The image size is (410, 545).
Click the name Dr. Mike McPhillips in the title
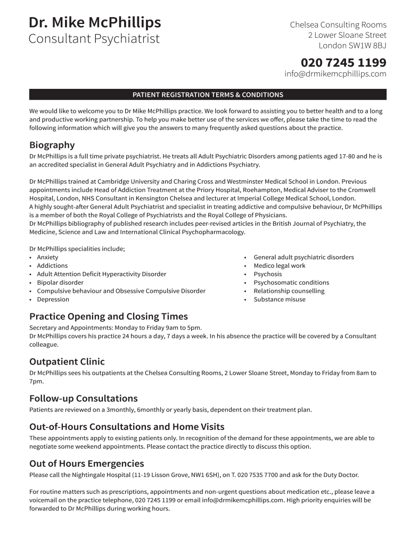[x=95, y=23]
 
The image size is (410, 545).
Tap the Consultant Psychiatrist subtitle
[x=94, y=39]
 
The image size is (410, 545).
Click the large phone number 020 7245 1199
[x=343, y=62]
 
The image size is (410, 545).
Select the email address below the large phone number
[x=335, y=74]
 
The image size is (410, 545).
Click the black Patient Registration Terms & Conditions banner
[x=208, y=95]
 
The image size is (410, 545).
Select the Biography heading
[x=52, y=145]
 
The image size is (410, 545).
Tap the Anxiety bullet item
[x=47, y=257]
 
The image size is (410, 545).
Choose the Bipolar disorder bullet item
[x=60, y=283]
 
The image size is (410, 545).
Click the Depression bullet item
[x=53, y=300]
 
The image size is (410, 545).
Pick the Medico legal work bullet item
[x=280, y=266]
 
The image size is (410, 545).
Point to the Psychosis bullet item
[x=268, y=274]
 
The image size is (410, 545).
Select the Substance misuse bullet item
[x=280, y=300]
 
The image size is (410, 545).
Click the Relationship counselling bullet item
[x=289, y=291]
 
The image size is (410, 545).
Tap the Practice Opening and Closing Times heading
[x=109, y=317]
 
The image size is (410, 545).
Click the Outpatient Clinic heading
[x=67, y=362]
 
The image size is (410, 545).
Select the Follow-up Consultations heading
[x=84, y=399]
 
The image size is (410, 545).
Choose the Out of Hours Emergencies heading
[x=87, y=464]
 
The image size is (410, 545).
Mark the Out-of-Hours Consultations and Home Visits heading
[x=127, y=427]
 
